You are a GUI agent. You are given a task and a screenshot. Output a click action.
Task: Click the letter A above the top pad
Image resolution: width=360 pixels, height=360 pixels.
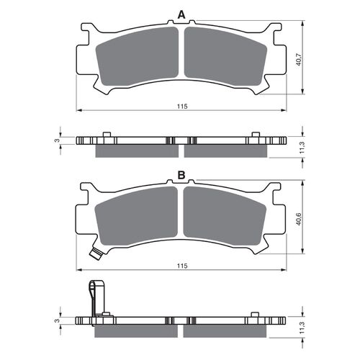pyautogui.click(x=181, y=13)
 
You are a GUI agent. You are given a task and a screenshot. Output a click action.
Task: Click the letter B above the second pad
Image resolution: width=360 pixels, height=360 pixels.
pyautogui.click(x=181, y=175)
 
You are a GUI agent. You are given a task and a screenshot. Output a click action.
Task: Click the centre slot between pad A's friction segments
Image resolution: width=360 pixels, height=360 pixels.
pyautogui.click(x=181, y=58)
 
